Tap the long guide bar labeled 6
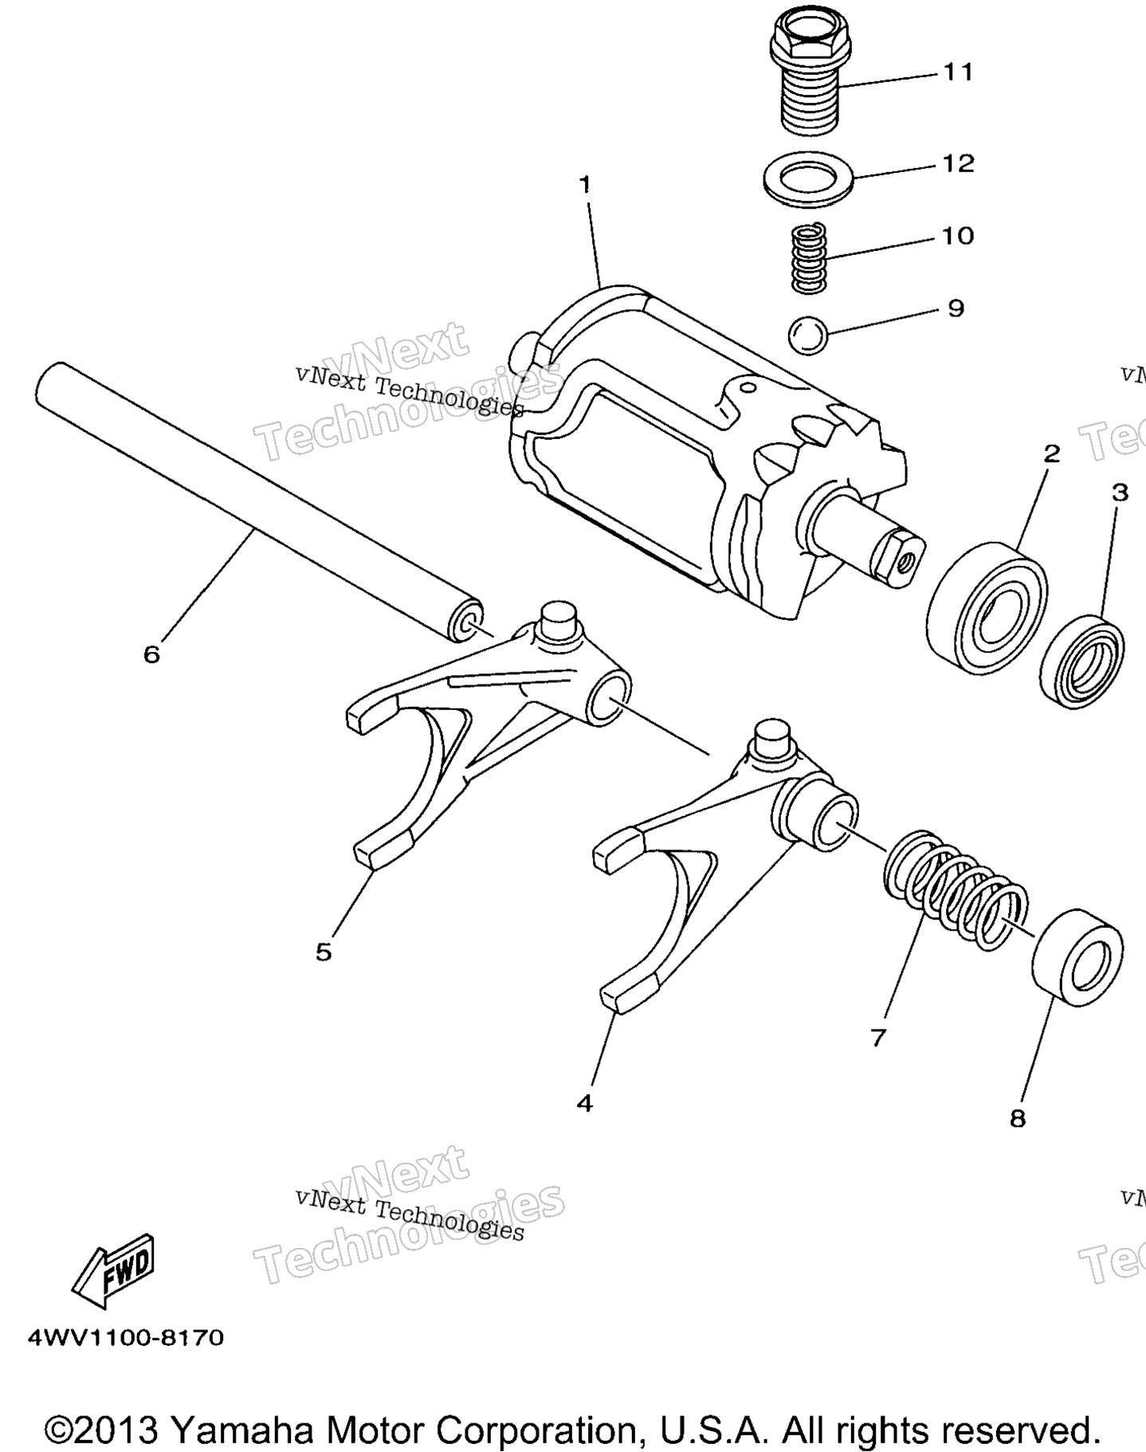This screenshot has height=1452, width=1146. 257,503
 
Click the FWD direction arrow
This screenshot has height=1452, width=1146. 113,1277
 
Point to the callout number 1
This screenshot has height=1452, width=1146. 586,185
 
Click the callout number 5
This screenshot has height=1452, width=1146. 323,952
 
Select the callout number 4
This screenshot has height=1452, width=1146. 585,1103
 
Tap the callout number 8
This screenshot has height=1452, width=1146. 1018,1119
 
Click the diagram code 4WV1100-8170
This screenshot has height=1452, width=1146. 126,1336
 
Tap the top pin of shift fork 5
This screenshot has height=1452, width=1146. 559,619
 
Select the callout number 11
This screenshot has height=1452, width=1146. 959,73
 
